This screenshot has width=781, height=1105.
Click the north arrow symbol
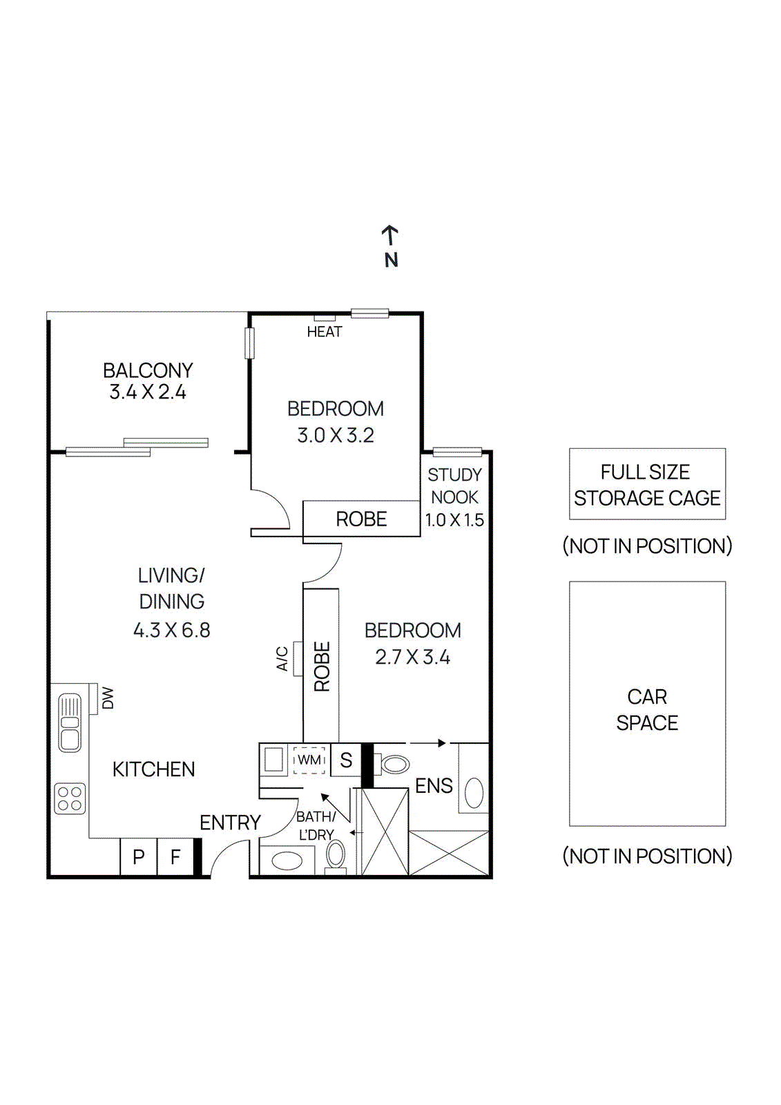(x=391, y=237)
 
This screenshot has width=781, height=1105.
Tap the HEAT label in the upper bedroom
(x=324, y=332)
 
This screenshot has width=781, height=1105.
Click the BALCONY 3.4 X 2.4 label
(x=148, y=381)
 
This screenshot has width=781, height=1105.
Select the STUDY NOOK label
(x=454, y=486)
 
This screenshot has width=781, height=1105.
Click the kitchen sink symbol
(x=70, y=722)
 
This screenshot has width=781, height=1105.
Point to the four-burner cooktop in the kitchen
(x=70, y=799)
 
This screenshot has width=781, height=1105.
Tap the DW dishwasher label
(x=108, y=698)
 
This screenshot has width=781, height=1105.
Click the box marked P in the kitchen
(x=139, y=857)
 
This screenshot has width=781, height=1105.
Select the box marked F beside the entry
(x=175, y=857)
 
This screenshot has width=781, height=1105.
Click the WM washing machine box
(x=309, y=760)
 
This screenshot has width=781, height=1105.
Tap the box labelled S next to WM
(x=346, y=760)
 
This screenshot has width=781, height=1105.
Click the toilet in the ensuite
(x=393, y=764)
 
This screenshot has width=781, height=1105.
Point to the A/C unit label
(x=282, y=658)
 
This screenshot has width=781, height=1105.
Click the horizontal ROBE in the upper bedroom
(x=361, y=519)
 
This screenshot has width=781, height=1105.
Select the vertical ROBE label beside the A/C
(x=322, y=666)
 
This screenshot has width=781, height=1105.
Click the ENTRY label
(x=230, y=823)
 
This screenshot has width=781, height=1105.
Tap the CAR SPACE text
(x=647, y=709)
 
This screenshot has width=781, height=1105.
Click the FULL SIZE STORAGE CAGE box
(x=647, y=484)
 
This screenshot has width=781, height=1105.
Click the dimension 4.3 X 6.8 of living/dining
(x=171, y=630)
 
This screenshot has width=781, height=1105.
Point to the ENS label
(x=434, y=785)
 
